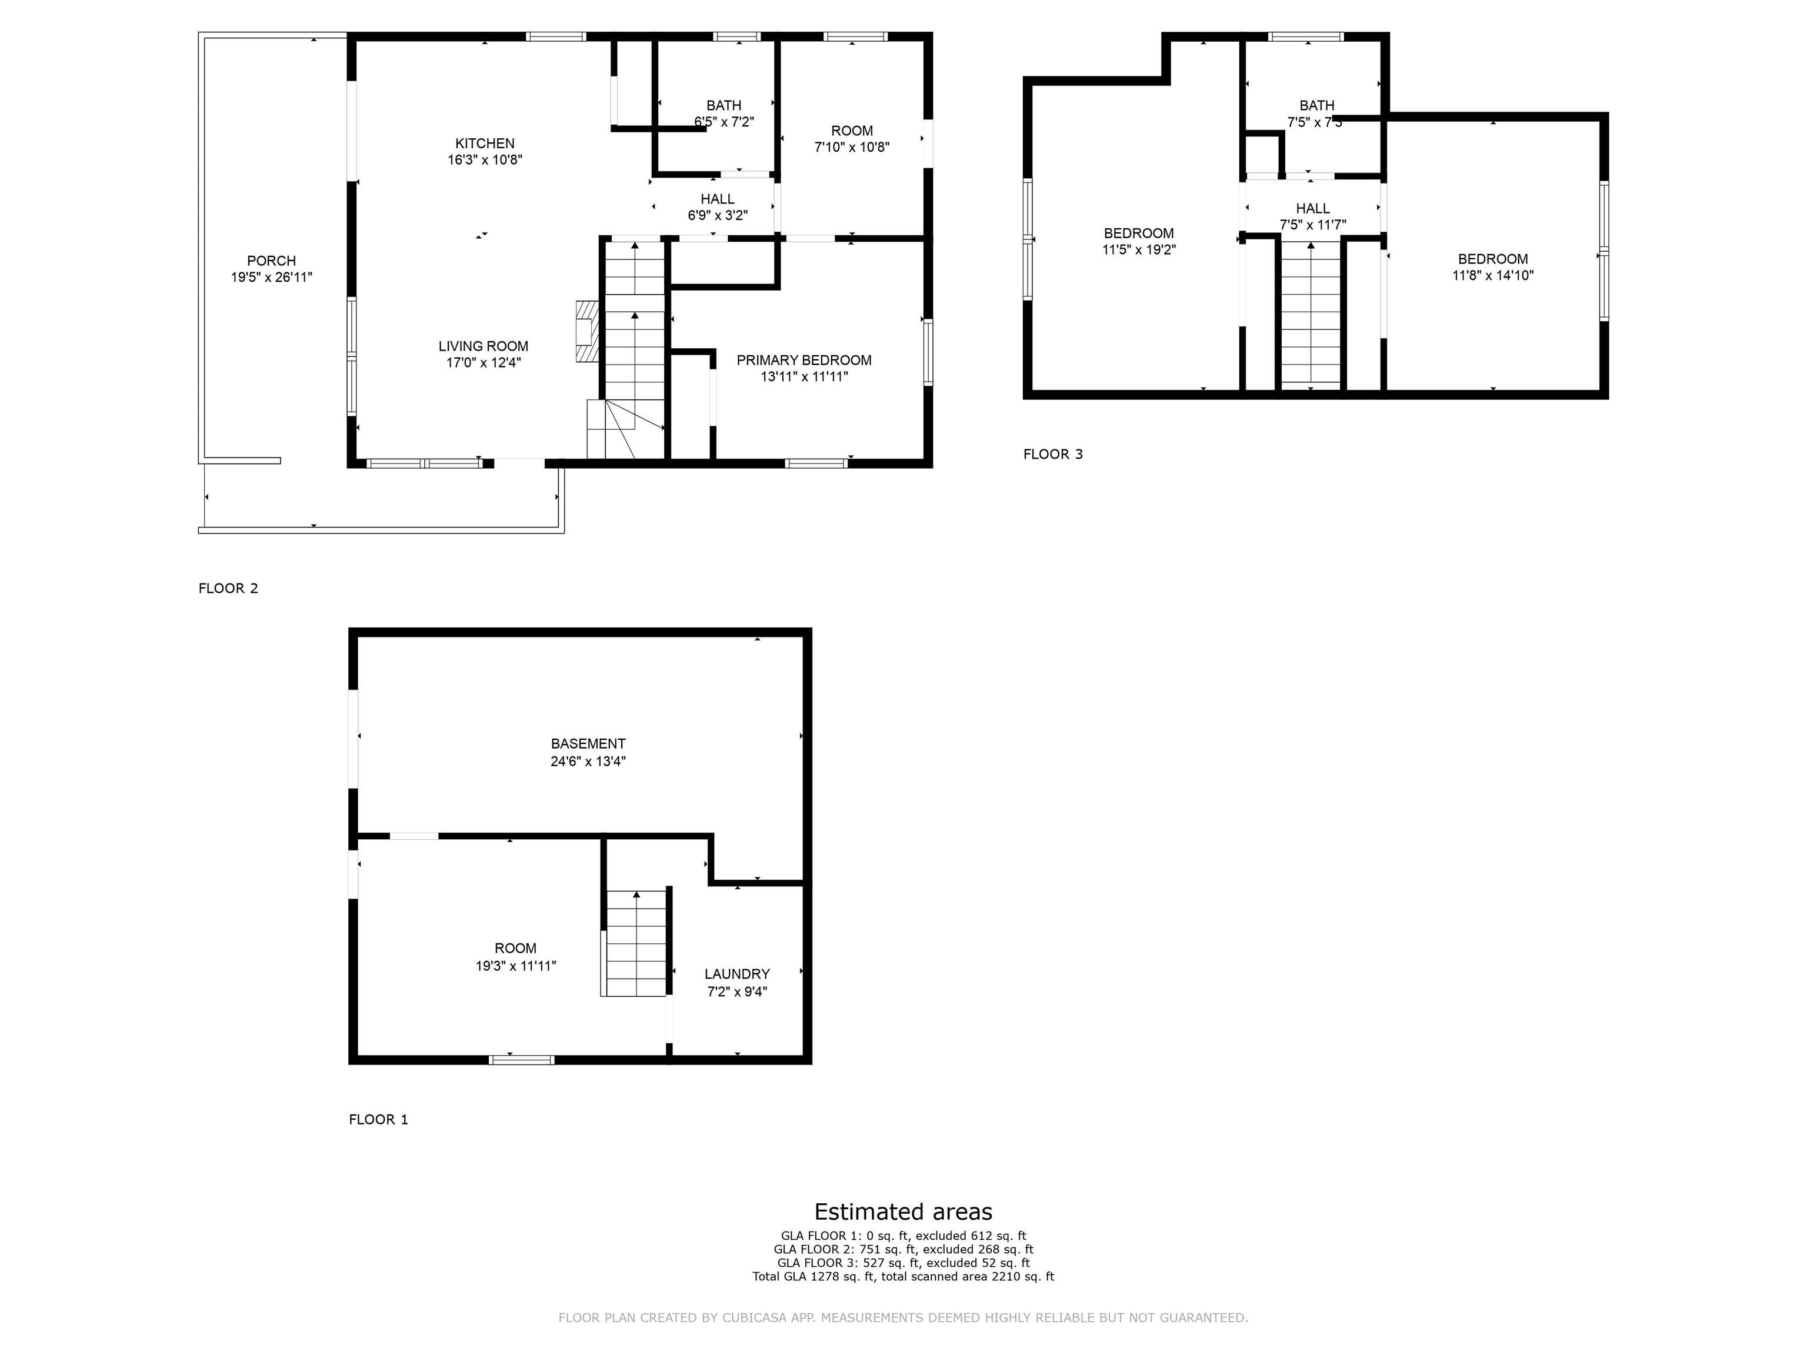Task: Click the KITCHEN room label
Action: point(485,143)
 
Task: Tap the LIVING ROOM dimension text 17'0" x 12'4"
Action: point(483,363)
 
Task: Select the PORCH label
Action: point(271,261)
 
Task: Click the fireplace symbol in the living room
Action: point(586,331)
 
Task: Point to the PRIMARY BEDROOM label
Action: point(804,360)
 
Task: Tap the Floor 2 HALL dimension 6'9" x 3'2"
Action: point(717,216)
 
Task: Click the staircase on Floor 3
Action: point(1311,315)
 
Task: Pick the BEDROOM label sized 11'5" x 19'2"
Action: point(1138,233)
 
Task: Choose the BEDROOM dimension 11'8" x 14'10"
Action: point(1492,276)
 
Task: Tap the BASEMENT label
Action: point(588,743)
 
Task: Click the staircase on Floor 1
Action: point(635,943)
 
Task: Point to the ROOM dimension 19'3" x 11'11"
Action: point(515,966)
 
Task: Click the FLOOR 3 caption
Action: point(1052,454)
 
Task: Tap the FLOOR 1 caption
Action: point(378,1119)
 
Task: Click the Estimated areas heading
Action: point(903,1212)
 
